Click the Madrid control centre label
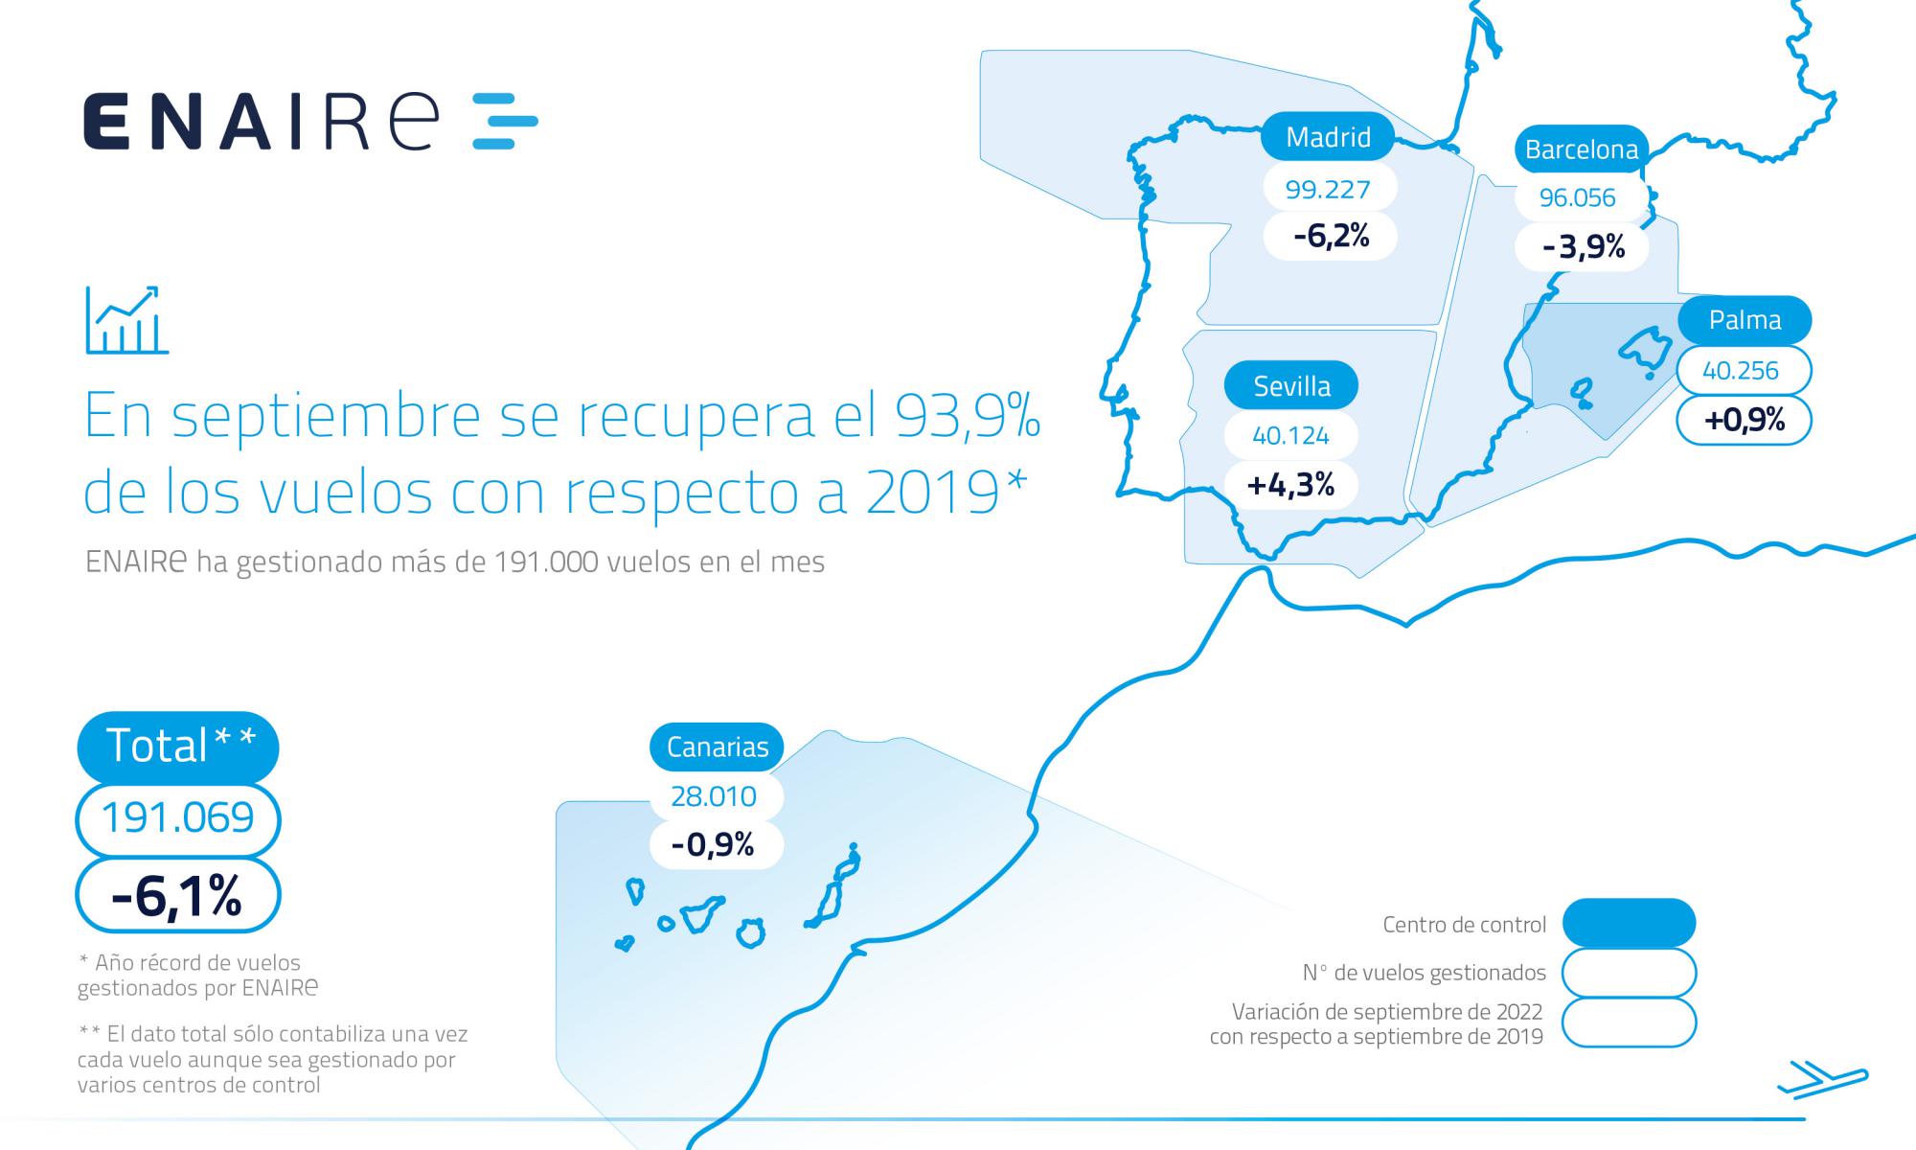[x=1328, y=138]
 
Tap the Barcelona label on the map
[x=1581, y=150]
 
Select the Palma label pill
[x=1745, y=320]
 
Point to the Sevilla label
[x=1291, y=386]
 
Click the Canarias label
[x=717, y=747]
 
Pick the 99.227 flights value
[x=1328, y=189]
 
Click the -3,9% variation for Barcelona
[x=1583, y=247]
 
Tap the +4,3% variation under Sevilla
[x=1290, y=485]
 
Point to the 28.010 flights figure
[x=714, y=796]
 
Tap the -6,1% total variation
[x=177, y=895]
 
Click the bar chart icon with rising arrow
[x=126, y=320]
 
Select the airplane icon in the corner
[x=1822, y=1080]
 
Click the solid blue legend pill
[x=1629, y=924]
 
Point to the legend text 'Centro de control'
[x=1464, y=925]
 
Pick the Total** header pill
[x=178, y=746]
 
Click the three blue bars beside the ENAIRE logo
[x=505, y=122]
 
